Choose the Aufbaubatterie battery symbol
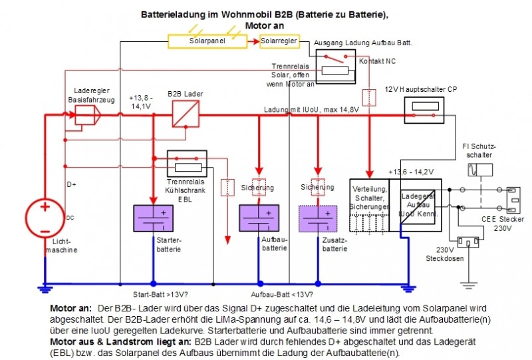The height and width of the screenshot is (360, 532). coord(258,218)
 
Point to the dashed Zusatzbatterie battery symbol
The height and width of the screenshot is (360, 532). coord(318,218)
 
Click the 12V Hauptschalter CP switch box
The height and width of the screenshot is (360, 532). coord(424,113)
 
